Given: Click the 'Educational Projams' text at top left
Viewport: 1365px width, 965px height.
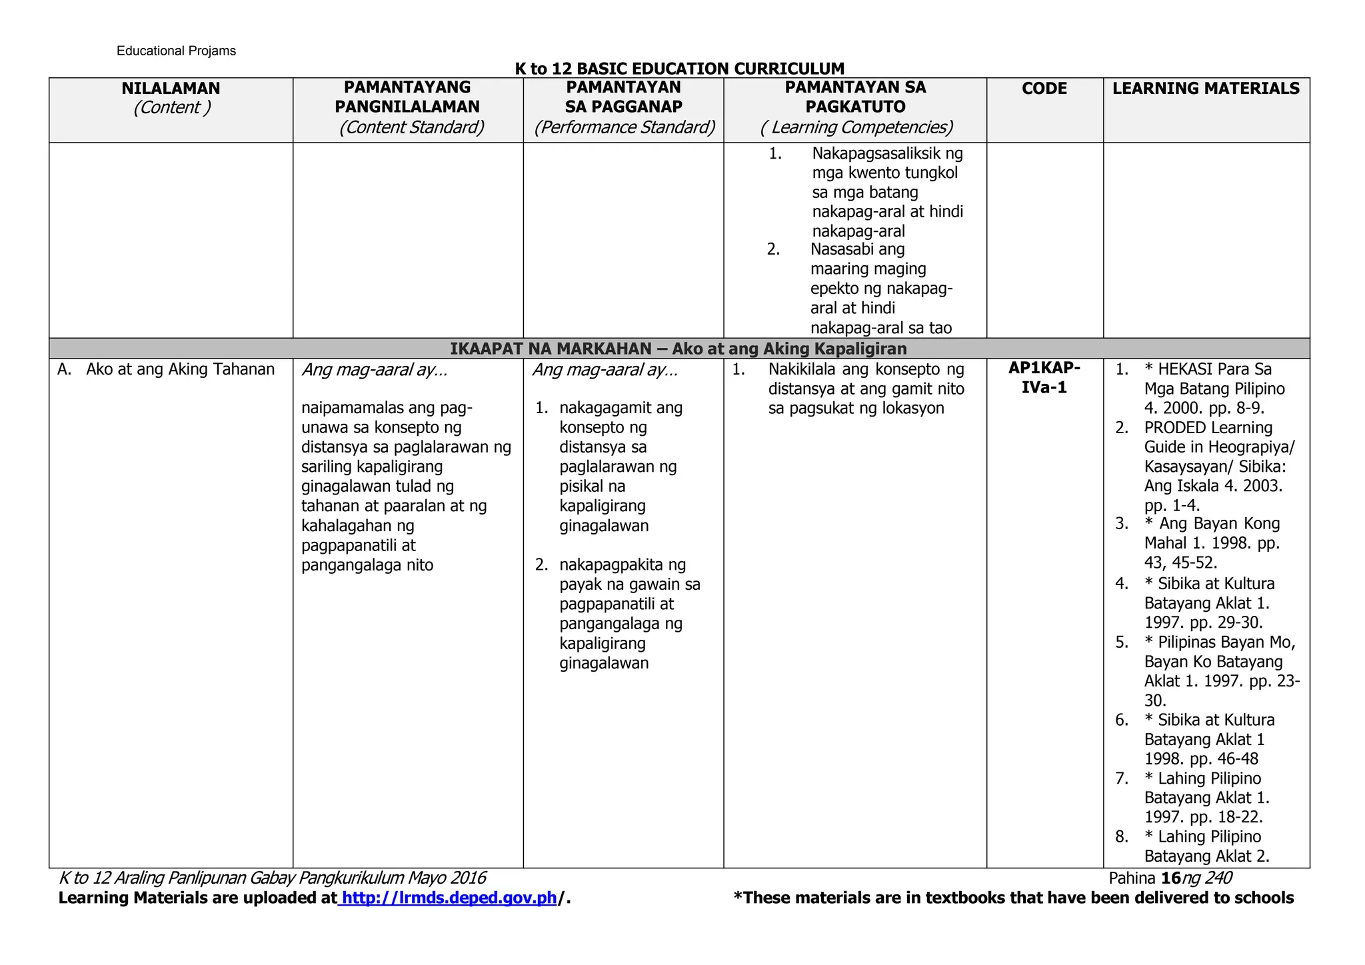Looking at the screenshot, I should click(176, 51).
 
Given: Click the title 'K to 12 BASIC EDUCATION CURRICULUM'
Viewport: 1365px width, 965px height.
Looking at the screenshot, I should click(679, 69).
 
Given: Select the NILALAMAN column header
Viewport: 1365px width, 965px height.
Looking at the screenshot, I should click(171, 89).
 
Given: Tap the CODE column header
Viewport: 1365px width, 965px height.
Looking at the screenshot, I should click(1044, 89).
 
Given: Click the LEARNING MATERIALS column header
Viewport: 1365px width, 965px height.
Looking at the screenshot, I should click(1206, 89).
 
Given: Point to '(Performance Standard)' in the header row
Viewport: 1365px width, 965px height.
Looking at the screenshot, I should click(624, 127).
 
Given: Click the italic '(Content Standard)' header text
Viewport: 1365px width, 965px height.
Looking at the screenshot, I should click(411, 127).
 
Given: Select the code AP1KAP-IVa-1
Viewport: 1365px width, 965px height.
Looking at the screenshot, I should click(1044, 378).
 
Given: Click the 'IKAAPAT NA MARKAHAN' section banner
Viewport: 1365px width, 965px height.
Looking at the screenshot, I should click(679, 349).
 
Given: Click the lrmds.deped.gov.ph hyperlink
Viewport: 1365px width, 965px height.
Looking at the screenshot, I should click(449, 898).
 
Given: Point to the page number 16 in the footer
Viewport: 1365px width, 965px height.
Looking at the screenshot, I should click(1171, 878).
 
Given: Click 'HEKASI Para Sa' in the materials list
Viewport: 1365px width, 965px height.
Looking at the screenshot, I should click(1214, 369).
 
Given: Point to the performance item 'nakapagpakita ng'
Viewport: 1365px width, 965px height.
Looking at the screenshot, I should click(623, 565).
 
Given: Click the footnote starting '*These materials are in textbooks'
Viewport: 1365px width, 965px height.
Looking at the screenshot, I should click(1013, 898).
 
